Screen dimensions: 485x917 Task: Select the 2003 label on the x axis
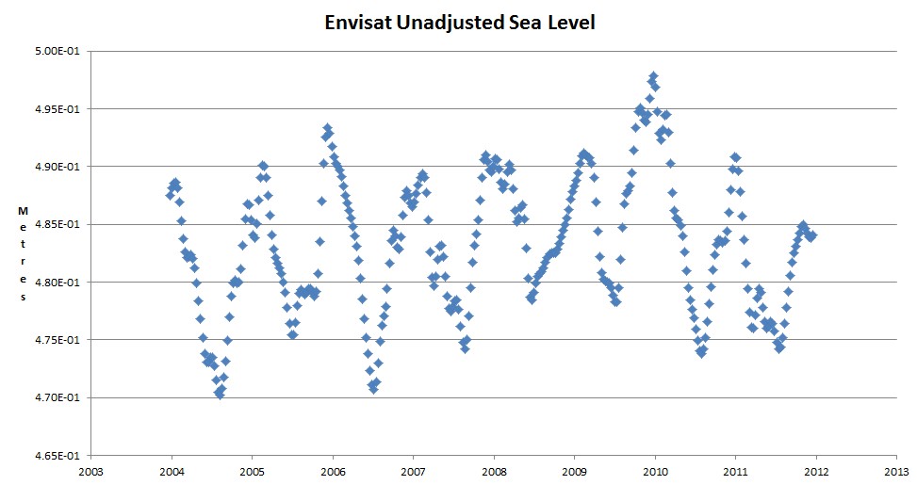point(90,471)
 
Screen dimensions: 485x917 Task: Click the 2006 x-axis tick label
point(333,471)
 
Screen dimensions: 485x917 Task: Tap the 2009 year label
point(574,471)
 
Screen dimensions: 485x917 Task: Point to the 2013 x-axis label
point(896,471)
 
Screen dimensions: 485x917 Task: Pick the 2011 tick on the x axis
point(735,471)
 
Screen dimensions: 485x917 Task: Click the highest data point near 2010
point(652,76)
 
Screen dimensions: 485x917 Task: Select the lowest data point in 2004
point(220,395)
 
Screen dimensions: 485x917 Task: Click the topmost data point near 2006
point(327,128)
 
